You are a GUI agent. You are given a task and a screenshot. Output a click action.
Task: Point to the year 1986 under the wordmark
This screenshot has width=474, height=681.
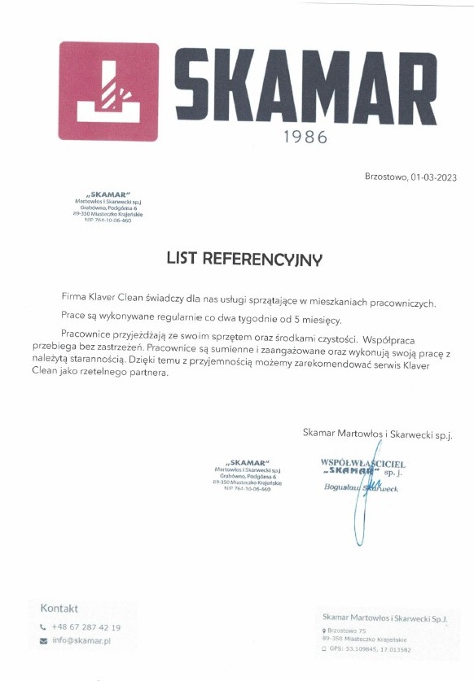[x=305, y=138]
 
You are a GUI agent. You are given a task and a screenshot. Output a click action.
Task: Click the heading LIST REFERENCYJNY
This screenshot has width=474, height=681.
[x=244, y=259]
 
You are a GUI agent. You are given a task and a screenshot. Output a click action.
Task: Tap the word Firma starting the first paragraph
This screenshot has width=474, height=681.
[x=76, y=298]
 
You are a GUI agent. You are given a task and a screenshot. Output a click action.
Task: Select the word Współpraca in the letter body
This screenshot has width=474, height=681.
[x=395, y=334]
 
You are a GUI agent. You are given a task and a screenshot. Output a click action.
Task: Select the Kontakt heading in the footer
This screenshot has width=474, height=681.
[x=59, y=608]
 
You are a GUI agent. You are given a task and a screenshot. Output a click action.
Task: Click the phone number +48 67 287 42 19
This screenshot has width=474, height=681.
[x=86, y=627]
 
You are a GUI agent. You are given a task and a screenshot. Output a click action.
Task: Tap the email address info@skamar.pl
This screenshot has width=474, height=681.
[x=81, y=640]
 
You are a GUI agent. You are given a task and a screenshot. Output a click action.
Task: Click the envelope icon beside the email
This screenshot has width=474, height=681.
[x=43, y=641]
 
